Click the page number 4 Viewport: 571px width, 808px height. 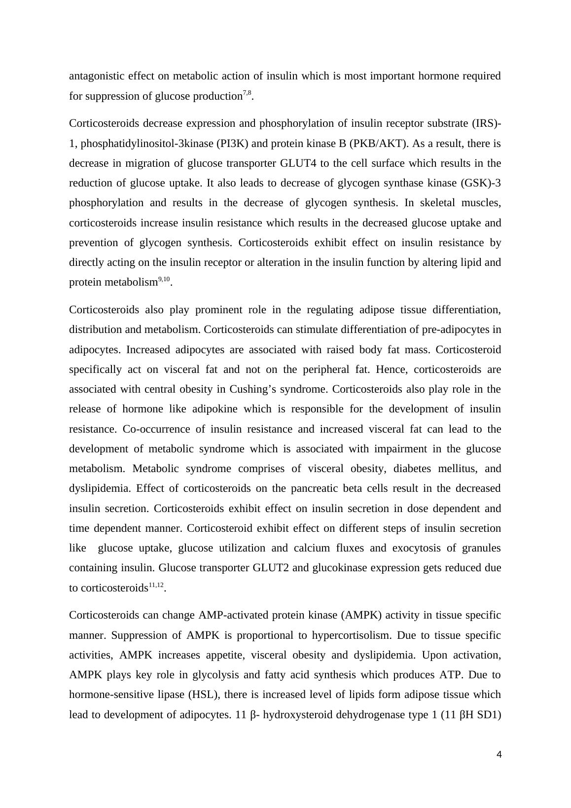[499, 754]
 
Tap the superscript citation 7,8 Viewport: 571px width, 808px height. [247, 93]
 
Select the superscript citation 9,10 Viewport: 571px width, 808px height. [164, 279]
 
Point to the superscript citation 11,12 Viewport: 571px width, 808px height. [156, 585]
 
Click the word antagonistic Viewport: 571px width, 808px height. [96, 76]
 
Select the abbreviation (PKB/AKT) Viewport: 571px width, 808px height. [379, 144]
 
